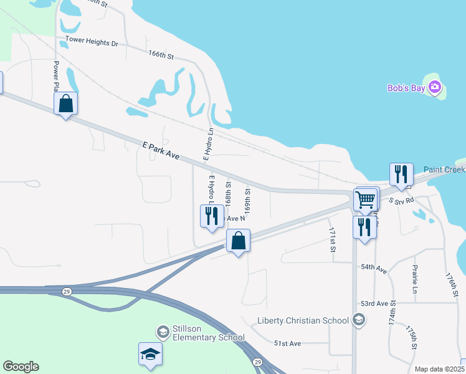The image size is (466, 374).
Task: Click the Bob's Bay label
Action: click(406, 89)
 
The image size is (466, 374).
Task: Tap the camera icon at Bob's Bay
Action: click(435, 87)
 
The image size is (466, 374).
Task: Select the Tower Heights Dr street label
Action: click(92, 43)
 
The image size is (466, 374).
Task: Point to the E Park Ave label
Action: click(161, 153)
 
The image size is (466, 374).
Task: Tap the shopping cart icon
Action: click(365, 200)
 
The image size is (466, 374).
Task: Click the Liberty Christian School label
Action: click(303, 320)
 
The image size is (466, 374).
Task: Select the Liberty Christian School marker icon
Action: click(358, 320)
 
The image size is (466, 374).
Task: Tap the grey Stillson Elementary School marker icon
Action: click(163, 330)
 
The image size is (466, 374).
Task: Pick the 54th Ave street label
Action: click(374, 267)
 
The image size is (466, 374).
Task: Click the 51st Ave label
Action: click(287, 343)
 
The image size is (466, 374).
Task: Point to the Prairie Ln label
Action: click(414, 279)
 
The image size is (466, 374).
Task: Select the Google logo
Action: click(21, 367)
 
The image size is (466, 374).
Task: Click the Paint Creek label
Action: click(444, 170)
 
